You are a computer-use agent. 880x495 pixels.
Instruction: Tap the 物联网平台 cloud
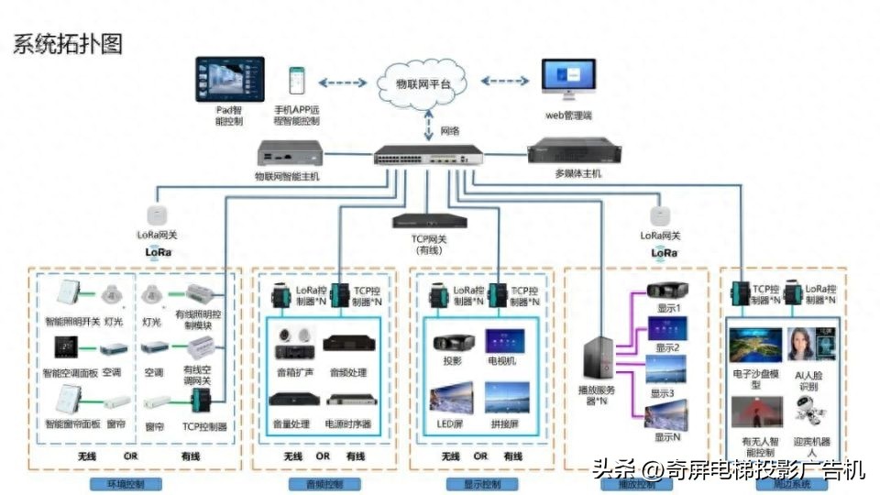coord(423,82)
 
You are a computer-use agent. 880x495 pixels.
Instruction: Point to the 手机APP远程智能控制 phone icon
coord(297,82)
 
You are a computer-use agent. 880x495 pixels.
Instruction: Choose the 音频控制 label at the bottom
coord(310,483)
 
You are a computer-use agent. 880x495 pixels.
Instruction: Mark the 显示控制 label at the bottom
coord(478,483)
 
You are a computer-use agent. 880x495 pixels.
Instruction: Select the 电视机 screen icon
coord(503,341)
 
